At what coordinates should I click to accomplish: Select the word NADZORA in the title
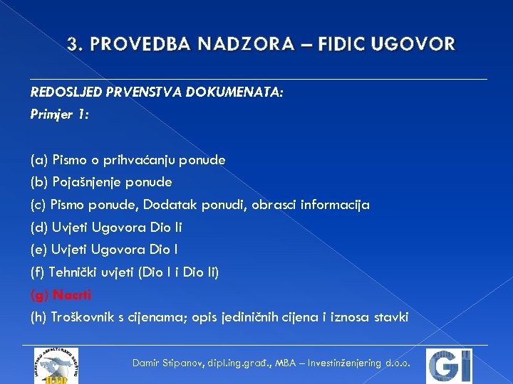click(256, 45)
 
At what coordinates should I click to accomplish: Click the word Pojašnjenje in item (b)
click(88, 182)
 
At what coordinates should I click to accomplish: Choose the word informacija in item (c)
click(334, 205)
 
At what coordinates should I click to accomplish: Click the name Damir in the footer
click(147, 363)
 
